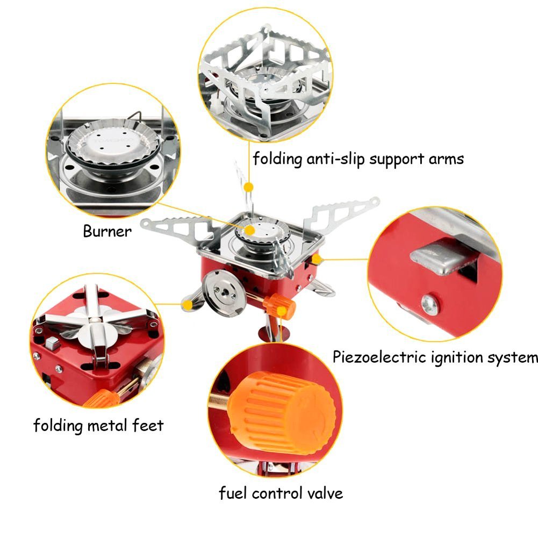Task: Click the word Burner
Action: coord(107,232)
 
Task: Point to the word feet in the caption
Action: coord(147,426)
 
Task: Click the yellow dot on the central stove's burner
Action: coord(248,229)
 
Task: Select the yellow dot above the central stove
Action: coord(248,186)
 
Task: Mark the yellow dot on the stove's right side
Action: coord(317,259)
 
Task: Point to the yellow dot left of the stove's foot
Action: coord(186,305)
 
